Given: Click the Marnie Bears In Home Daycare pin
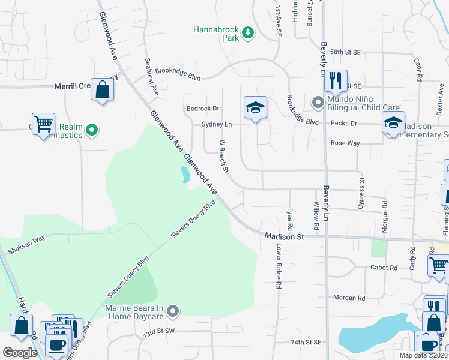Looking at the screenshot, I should [173, 310].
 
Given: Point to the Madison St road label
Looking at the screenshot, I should [285, 237].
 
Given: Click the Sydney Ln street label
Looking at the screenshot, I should [217, 124].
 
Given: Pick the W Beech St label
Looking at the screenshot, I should [224, 157].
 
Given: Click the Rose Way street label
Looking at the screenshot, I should [345, 143].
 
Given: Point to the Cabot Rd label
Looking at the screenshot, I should [384, 268].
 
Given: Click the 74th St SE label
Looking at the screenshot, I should [306, 343].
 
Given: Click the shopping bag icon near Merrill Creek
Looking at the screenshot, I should [103, 90].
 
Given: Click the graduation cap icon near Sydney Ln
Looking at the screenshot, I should [255, 107].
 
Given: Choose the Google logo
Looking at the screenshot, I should [20, 353].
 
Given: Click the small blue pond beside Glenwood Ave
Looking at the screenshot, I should [185, 175].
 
